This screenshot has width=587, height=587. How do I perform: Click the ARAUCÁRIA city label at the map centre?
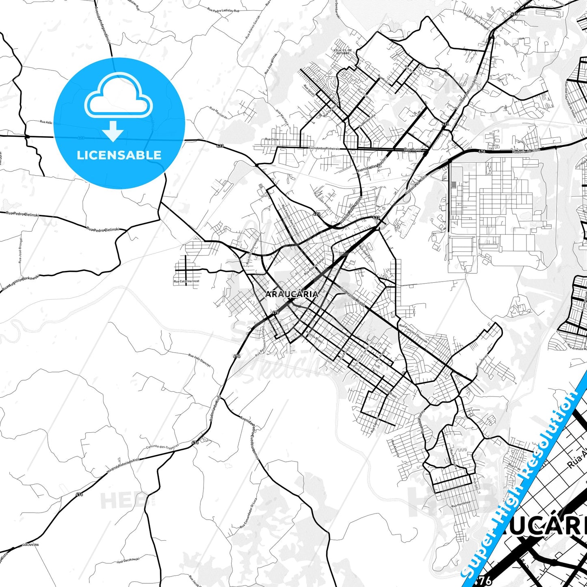(x=291, y=294)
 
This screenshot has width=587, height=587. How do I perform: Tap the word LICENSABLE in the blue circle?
(x=119, y=155)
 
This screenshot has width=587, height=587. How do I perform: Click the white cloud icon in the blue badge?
(x=119, y=97)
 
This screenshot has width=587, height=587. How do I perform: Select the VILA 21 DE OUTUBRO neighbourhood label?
(x=342, y=52)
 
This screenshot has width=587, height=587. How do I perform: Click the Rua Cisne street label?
(x=272, y=139)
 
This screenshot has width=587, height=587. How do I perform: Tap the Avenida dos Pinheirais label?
(x=324, y=149)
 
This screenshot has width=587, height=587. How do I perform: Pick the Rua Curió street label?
(x=413, y=149)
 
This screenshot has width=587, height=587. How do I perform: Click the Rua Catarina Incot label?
(x=186, y=281)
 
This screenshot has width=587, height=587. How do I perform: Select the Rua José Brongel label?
(x=21, y=250)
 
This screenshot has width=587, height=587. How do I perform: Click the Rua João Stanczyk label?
(x=199, y=360)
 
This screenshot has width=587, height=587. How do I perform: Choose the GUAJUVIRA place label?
(x=30, y=544)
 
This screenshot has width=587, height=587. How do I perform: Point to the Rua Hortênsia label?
(x=461, y=504)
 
